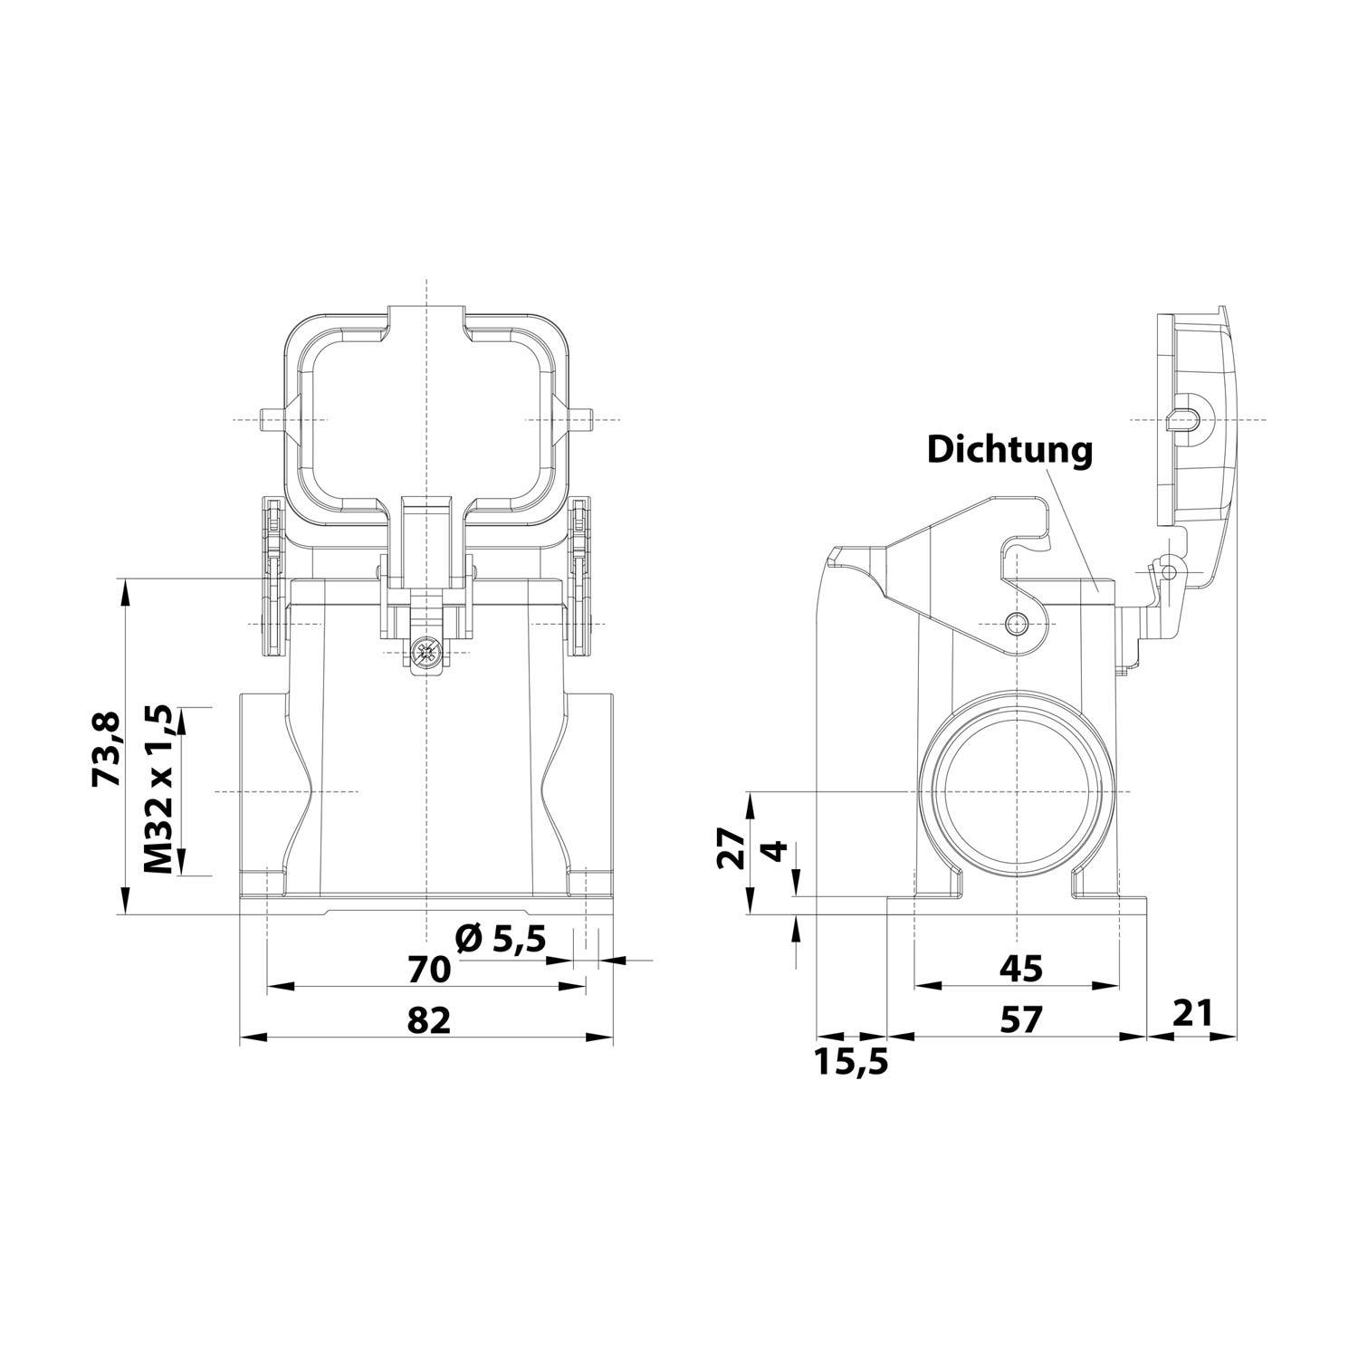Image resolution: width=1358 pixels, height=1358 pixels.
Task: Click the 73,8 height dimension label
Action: coord(107,749)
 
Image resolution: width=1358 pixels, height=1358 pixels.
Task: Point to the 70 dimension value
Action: coord(428,970)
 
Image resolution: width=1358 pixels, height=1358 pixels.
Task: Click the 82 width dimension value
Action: coord(428,1020)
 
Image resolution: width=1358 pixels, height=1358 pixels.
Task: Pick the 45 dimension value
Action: coord(1020,969)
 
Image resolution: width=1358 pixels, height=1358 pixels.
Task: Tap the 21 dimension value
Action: coord(1192,1013)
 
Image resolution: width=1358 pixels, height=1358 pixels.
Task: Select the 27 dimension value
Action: coord(731,849)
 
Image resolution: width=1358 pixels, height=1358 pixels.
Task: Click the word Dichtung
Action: coord(1009,449)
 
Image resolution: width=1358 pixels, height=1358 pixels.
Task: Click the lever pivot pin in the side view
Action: coord(1018,623)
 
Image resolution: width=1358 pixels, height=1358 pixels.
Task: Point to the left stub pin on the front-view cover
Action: coord(269,421)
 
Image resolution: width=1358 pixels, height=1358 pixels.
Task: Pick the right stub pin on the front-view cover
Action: coord(582,421)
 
